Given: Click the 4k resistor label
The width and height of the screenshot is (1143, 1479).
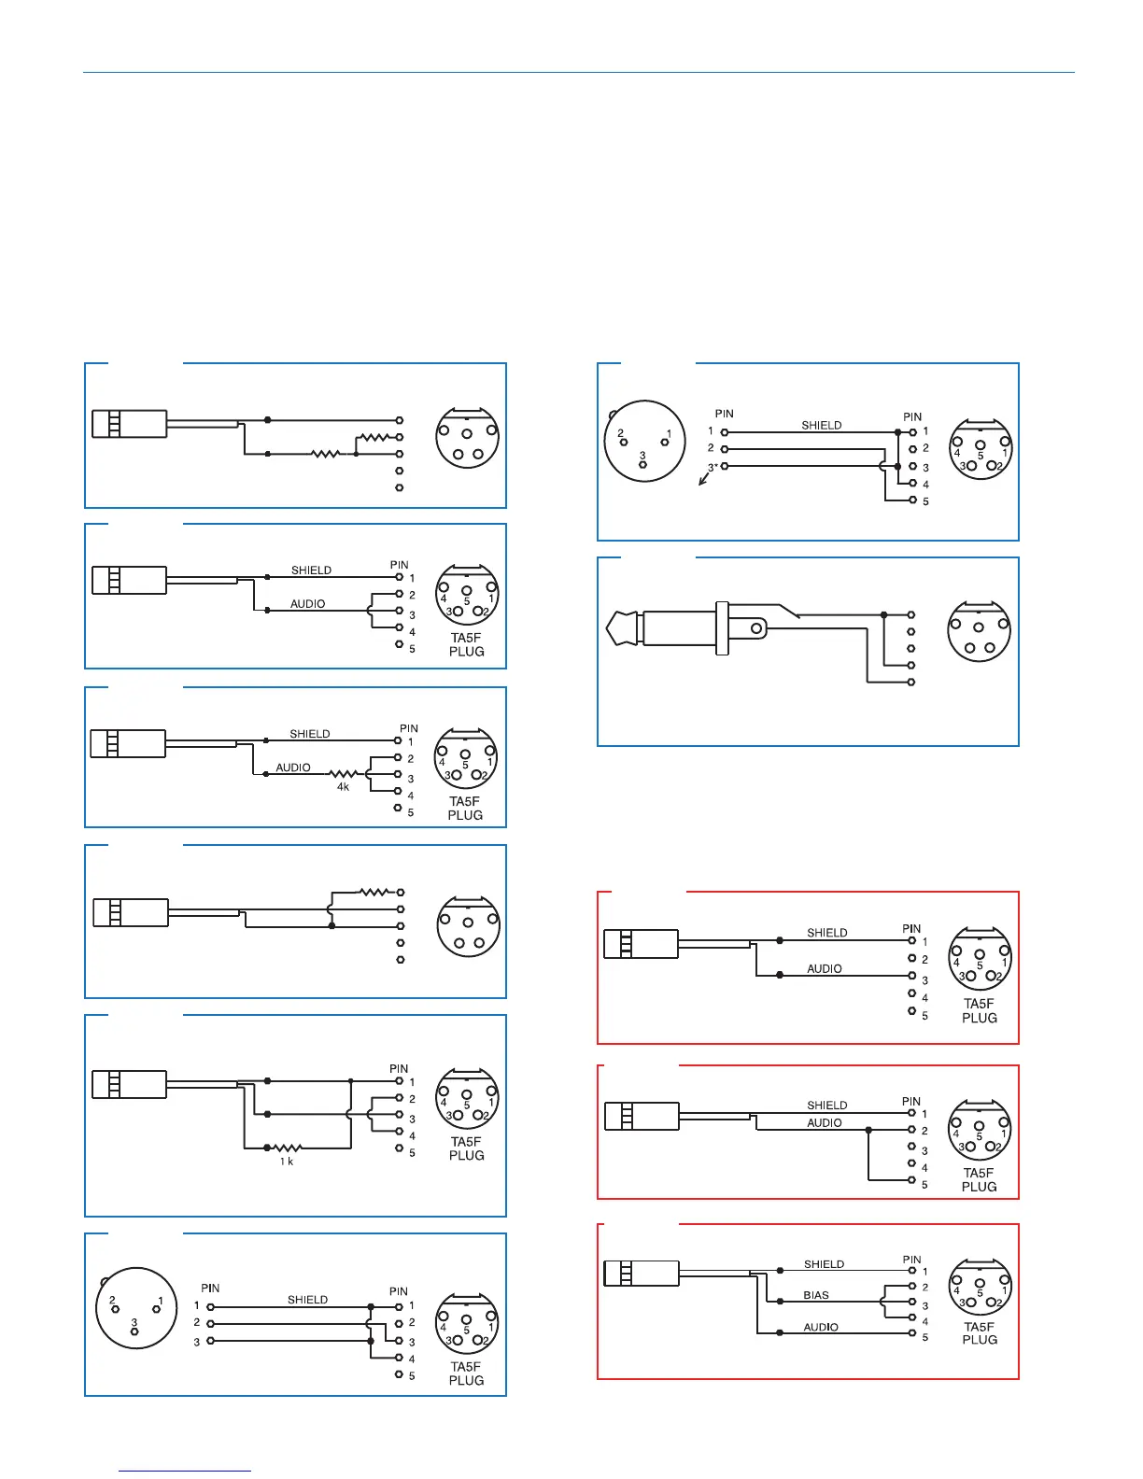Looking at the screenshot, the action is (343, 787).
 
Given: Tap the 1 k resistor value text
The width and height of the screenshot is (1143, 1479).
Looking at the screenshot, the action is (287, 1162).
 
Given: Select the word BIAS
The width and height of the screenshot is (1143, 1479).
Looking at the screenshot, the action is (816, 1295).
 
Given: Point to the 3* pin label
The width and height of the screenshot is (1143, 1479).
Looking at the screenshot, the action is (712, 467).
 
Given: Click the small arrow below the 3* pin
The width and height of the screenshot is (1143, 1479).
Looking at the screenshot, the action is (704, 481).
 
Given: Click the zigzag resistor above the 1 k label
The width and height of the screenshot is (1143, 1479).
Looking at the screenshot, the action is (287, 1148).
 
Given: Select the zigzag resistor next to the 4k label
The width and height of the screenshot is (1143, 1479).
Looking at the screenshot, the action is (343, 774).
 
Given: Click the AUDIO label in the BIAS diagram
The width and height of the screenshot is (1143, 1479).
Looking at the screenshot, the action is (821, 1327).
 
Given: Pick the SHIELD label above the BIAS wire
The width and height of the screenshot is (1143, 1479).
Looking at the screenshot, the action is (824, 1264).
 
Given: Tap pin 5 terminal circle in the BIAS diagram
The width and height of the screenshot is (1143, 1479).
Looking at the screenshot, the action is (912, 1333).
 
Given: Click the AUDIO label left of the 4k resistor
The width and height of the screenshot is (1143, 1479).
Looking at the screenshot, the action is (293, 768).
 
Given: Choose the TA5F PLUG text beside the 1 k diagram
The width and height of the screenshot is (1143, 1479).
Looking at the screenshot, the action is (466, 1148).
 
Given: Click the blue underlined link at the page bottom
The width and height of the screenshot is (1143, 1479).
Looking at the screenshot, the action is (185, 1471).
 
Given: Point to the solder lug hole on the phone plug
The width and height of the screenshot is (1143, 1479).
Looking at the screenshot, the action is (757, 629).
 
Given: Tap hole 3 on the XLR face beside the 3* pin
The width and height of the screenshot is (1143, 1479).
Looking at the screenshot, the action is (642, 464).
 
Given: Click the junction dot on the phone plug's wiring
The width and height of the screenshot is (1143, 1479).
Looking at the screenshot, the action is (884, 615).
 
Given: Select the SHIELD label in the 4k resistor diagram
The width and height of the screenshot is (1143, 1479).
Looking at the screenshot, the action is (309, 734).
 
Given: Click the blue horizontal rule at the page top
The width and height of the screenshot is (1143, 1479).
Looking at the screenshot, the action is (579, 72).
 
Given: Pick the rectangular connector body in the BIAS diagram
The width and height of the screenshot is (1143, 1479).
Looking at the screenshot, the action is (642, 1272).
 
